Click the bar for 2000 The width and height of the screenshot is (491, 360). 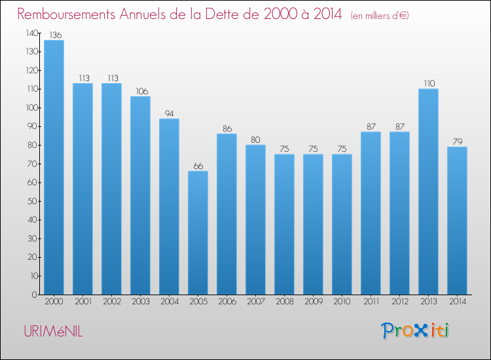pyautogui.click(x=54, y=167)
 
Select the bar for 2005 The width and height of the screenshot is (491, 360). pyautogui.click(x=198, y=232)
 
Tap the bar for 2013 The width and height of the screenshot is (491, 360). pyautogui.click(x=428, y=191)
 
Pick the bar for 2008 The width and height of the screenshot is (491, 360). pyautogui.click(x=284, y=224)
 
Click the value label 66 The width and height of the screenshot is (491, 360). pyautogui.click(x=198, y=166)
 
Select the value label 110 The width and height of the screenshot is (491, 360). pyautogui.click(x=428, y=84)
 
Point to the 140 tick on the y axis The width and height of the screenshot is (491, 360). pyautogui.click(x=31, y=33)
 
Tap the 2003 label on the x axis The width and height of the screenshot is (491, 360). pyautogui.click(x=140, y=302)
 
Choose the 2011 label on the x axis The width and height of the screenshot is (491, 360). pyautogui.click(x=371, y=302)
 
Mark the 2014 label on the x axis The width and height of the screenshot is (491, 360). pyautogui.click(x=457, y=302)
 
